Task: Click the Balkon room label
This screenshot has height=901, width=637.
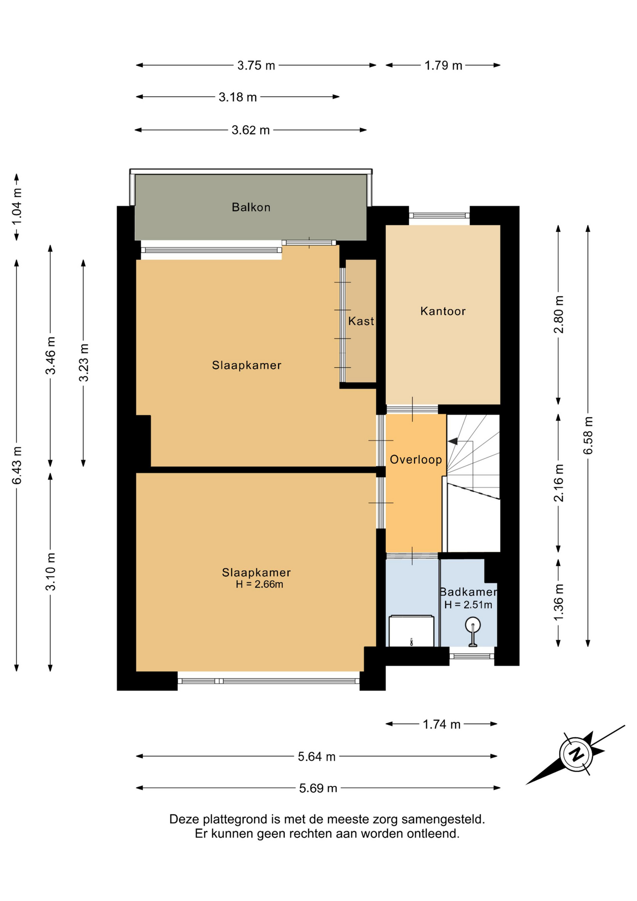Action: coord(251,207)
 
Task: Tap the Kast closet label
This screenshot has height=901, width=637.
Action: coord(361,321)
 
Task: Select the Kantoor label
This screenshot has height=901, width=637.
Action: coord(443,311)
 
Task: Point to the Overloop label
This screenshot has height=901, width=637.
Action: coord(416,459)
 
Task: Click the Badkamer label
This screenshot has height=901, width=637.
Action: coord(468,592)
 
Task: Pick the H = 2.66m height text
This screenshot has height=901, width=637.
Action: coord(259,584)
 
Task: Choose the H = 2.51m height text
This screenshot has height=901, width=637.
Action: coord(468,605)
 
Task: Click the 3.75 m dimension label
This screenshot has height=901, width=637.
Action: coord(256,65)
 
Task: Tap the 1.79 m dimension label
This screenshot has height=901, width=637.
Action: coord(443,65)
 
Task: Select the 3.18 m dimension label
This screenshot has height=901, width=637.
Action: coord(238,97)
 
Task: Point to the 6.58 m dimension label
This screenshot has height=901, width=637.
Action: coord(588,435)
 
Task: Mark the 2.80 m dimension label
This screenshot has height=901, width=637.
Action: coord(559,314)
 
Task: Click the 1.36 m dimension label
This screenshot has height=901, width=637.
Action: coord(559,603)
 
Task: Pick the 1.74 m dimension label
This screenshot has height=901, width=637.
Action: coord(441,725)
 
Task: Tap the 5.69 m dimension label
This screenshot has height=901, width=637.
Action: coord(318,788)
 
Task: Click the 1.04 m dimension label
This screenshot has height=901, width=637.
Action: coord(17,206)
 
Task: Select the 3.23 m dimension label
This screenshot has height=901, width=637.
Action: coord(83,363)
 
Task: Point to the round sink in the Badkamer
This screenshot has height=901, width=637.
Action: coord(473,625)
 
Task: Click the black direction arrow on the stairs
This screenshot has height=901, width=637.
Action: coord(453,441)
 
